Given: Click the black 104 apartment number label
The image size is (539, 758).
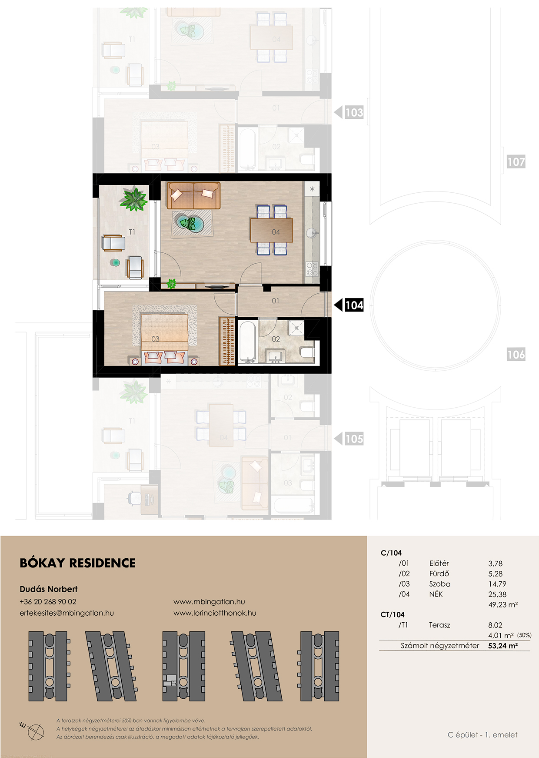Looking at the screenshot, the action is pos(354,305).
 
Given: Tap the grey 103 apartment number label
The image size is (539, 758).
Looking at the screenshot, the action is pos(354,113).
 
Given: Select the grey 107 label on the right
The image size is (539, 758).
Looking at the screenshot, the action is pos(516,162).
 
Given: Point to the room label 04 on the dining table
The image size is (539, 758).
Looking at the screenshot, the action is pos(276,232).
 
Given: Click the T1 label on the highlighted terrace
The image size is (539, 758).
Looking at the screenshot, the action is pos(132,232).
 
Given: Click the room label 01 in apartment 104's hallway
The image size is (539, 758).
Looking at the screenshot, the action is pos(276,301).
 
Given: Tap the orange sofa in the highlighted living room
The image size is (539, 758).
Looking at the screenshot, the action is pos(193,195).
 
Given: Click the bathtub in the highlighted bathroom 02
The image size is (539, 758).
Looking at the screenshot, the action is pos(247,342).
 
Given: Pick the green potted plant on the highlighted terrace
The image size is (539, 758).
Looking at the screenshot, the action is pos(134,199).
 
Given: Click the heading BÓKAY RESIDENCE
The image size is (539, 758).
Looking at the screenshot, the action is pos(78,563).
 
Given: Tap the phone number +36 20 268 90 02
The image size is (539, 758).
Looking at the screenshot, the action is pos(48,602).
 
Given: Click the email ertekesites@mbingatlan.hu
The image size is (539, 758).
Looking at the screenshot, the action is pos(67,613).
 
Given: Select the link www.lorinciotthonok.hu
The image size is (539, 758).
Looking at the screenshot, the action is pos(215,613).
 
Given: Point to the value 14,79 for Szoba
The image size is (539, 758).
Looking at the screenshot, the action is pos(497,584).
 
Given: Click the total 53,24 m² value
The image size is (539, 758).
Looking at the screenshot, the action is pos(503,646).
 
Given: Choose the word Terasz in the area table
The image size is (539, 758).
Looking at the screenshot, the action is pos(439,625).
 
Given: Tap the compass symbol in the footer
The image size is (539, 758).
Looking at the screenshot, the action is pos(34,731).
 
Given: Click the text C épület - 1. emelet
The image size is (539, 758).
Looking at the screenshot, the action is pos(482,735).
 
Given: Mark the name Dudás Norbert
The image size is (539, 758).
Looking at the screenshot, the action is pos(49,589).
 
